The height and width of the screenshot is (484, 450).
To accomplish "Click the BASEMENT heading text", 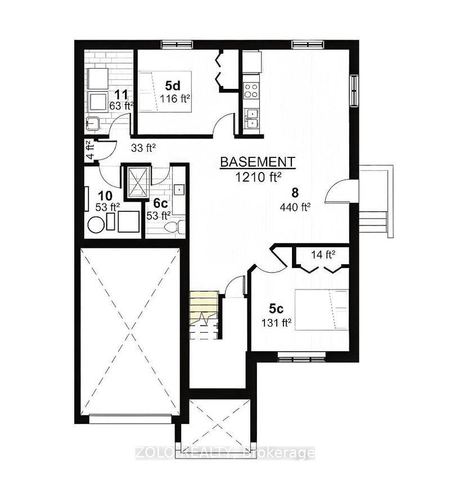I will pos(258,162).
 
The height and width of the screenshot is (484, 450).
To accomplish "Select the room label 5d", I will pos(173,86).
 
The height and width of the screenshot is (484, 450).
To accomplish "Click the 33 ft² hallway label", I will pos(143,148).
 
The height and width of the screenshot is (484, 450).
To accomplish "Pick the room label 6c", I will pos(160,203).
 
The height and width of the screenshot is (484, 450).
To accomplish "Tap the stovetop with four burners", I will pos(251,89).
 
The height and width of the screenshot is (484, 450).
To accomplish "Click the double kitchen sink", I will pos(251,119).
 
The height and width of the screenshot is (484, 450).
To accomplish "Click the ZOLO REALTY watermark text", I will pos(226,453).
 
